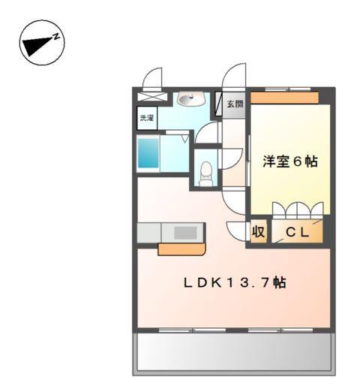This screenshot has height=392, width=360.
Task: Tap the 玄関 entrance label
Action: pos(235,104)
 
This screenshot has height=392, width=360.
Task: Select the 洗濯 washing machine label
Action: pos(146,118)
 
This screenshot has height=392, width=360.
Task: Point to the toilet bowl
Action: pos(205,172)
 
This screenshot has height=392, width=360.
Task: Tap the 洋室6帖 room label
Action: pos(289,161)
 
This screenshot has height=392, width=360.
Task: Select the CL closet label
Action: pos(297,233)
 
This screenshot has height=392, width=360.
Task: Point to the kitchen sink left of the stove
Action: pos(148,233)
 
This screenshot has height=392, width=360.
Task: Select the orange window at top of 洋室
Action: pos(285,97)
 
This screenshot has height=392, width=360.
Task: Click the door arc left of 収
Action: pos(237,231)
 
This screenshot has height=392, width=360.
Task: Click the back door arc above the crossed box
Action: pos(152,77)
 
